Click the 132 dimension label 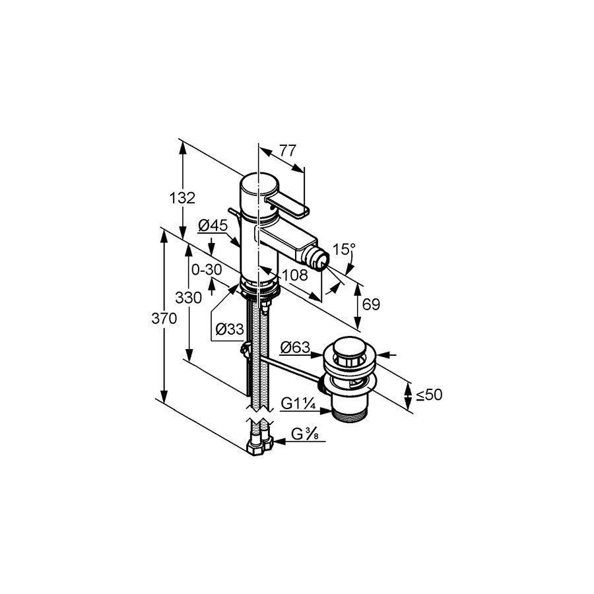tap(183, 198)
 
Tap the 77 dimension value tap(288, 150)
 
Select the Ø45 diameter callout tap(213, 226)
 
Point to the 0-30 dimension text tap(207, 270)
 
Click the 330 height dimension tap(188, 298)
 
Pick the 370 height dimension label tap(164, 319)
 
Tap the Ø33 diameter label tap(230, 329)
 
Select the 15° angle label tap(344, 249)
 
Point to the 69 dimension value tap(371, 304)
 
